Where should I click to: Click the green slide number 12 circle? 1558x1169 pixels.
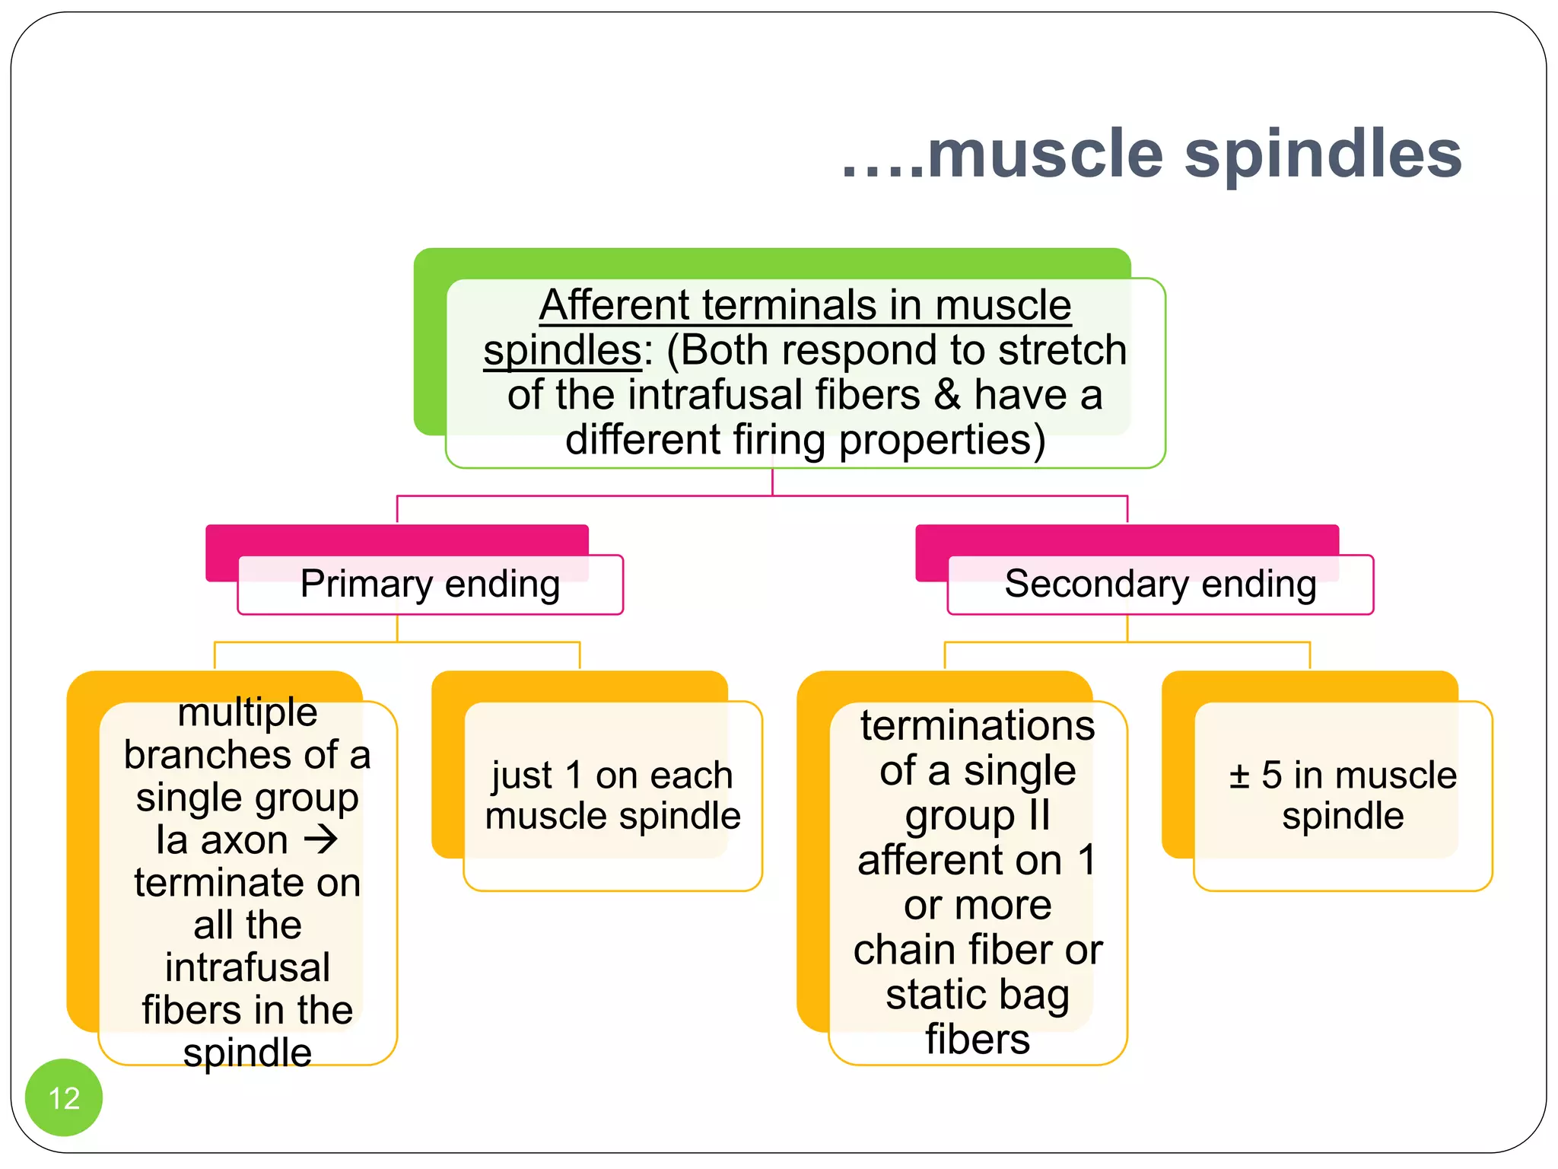point(64,1097)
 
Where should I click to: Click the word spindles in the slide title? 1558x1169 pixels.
point(1323,154)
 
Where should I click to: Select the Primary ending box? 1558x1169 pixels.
point(431,585)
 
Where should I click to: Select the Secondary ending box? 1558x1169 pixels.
point(1160,585)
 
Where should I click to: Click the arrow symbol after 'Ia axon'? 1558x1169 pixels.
point(321,839)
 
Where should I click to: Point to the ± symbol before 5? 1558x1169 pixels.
point(1239,776)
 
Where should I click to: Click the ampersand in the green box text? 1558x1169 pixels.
point(947,395)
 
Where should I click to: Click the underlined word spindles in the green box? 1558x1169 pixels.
point(563,350)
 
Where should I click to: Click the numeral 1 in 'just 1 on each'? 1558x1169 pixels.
point(574,776)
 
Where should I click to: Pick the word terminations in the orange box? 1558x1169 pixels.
point(978,725)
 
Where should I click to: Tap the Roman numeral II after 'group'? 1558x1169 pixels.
point(1039,815)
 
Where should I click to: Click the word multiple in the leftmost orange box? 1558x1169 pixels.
point(247,712)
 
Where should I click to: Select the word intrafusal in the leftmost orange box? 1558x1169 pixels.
point(247,967)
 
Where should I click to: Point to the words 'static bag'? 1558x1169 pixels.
point(978,995)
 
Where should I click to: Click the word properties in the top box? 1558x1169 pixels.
point(942,440)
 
